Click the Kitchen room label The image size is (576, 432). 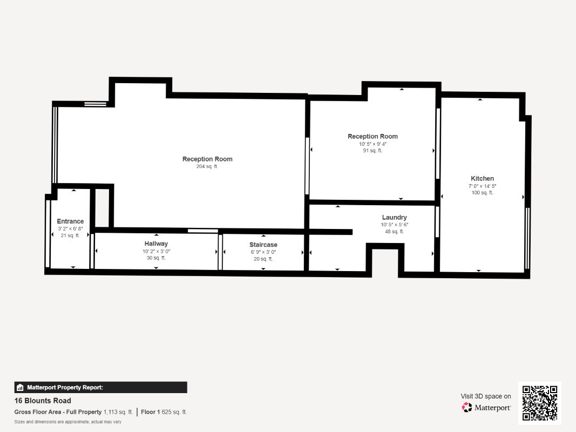pyautogui.click(x=482, y=179)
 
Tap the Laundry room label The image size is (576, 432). pyautogui.click(x=394, y=218)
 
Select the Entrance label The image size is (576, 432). pyautogui.click(x=70, y=221)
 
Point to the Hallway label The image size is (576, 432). pyautogui.click(x=156, y=244)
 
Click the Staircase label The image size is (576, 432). pyautogui.click(x=263, y=245)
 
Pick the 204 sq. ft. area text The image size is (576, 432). pyautogui.click(x=207, y=167)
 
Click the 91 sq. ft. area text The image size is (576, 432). pyautogui.click(x=372, y=151)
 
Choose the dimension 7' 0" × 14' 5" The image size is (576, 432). pyautogui.click(x=482, y=186)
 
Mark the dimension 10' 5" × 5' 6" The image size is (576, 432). pyautogui.click(x=394, y=225)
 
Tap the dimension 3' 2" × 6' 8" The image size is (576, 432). pyautogui.click(x=70, y=228)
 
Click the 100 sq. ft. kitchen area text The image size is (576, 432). pyautogui.click(x=482, y=193)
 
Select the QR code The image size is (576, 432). pyautogui.click(x=540, y=403)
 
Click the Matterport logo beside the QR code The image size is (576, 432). pyautogui.click(x=486, y=408)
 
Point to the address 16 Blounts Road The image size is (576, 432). pyautogui.click(x=43, y=401)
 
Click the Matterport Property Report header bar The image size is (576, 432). pyautogui.click(x=100, y=387)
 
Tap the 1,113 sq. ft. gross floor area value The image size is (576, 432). pyautogui.click(x=118, y=412)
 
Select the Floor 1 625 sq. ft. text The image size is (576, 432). pyautogui.click(x=164, y=412)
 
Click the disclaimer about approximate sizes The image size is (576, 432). pyautogui.click(x=67, y=422)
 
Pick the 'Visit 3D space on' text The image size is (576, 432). pyautogui.click(x=486, y=396)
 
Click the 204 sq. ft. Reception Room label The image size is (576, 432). pyautogui.click(x=207, y=159)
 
